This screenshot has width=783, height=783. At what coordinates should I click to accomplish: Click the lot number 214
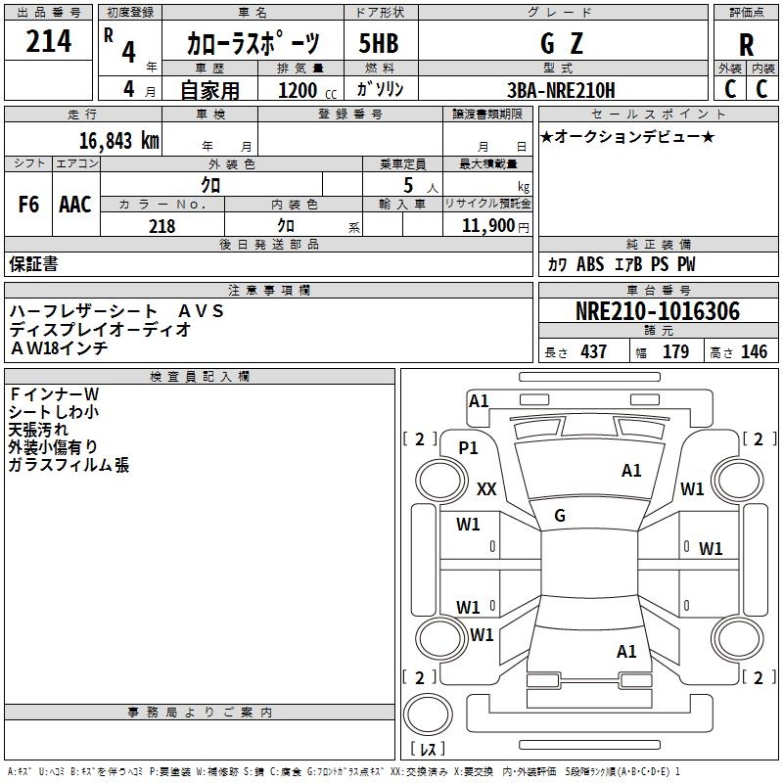point(48,41)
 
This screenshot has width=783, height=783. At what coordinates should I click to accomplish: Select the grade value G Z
point(562,43)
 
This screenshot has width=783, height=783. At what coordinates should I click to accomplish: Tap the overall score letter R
point(746,45)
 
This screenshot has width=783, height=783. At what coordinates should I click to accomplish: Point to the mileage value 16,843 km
point(118,140)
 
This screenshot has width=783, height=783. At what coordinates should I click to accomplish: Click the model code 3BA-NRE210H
point(561,90)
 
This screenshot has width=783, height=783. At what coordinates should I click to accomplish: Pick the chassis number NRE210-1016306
point(658,311)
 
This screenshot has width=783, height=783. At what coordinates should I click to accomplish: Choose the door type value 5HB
point(379,43)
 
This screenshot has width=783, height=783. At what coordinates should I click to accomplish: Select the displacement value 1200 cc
point(307,90)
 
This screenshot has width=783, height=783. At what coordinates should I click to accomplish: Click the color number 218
point(161,226)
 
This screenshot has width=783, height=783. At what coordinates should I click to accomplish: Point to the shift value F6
point(28,205)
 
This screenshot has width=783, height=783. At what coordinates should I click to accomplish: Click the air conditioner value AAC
point(75,205)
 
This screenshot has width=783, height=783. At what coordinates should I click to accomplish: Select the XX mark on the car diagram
point(486,488)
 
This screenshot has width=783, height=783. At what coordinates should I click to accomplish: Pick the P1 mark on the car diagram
point(468,448)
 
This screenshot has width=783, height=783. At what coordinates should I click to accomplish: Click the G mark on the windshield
point(560,516)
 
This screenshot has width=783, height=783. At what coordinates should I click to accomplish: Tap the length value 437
point(594,351)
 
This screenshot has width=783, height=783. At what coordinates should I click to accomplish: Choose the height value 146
point(754,351)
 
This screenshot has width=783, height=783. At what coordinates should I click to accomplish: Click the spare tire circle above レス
point(428,714)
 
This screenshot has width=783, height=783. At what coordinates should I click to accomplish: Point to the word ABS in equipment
point(590,264)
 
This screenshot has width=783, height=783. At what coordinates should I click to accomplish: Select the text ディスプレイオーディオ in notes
point(100,330)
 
